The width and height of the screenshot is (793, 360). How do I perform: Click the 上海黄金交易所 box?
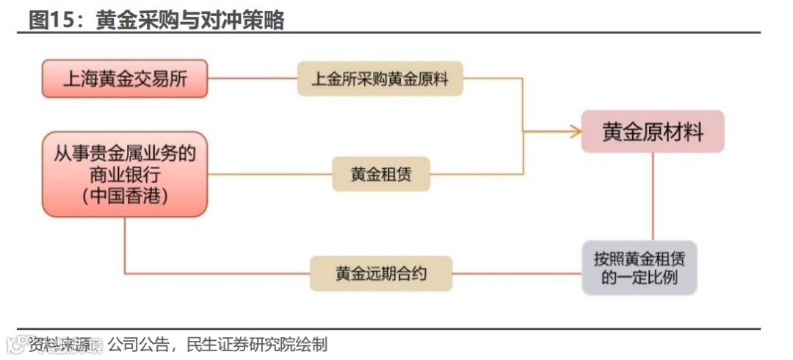click(125, 79)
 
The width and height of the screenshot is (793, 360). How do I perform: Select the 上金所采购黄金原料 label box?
click(380, 79)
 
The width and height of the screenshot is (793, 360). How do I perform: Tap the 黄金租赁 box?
click(380, 174)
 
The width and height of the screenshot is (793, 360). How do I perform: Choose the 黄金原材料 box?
click(653, 132)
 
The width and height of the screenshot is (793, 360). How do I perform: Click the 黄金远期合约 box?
click(380, 274)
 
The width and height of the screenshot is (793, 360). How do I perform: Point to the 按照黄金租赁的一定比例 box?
click(640, 267)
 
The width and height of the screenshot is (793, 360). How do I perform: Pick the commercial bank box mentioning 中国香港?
click(125, 175)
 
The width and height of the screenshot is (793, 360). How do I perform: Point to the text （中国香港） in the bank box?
click(125, 196)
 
